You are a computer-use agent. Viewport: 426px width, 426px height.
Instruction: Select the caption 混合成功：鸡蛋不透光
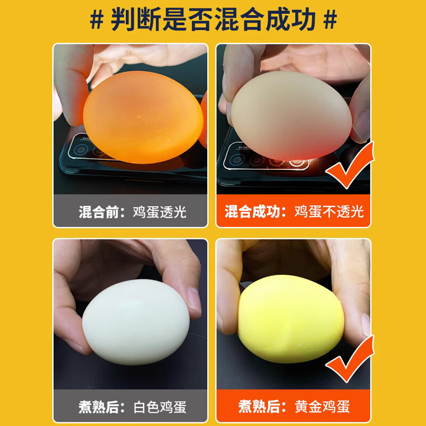294,211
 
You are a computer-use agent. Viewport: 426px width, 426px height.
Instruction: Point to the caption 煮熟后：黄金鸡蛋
294,407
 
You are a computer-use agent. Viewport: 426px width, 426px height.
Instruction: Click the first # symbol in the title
96,20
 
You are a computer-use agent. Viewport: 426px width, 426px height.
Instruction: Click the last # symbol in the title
331,20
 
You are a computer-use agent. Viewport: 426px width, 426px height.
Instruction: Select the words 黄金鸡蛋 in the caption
323,407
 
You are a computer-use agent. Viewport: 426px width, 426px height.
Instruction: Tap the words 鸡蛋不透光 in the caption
329,211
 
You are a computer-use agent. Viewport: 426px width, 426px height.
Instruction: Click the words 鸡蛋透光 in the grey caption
159,211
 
